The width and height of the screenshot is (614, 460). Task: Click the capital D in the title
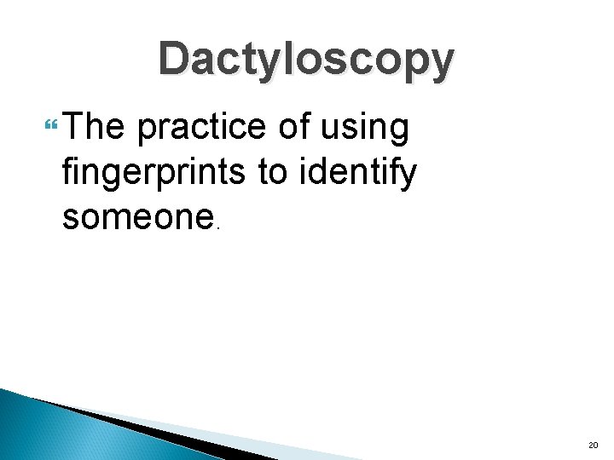tap(177, 60)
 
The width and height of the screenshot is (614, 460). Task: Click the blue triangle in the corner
tap(51, 430)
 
